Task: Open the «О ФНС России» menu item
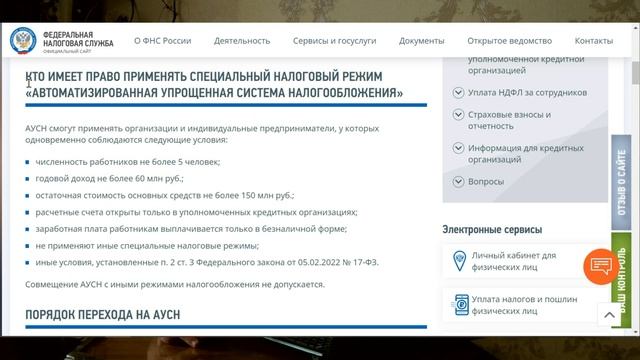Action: pyautogui.click(x=162, y=41)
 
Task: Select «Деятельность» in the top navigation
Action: pyautogui.click(x=242, y=41)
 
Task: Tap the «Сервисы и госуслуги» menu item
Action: pyautogui.click(x=335, y=41)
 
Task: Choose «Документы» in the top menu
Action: pyautogui.click(x=421, y=41)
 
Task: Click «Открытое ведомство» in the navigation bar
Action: pyautogui.click(x=509, y=41)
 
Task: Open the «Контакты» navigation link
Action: pyautogui.click(x=594, y=41)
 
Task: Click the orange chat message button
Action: pyautogui.click(x=601, y=265)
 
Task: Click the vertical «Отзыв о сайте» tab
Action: pyautogui.click(x=622, y=185)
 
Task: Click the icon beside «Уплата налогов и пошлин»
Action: pyautogui.click(x=462, y=306)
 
